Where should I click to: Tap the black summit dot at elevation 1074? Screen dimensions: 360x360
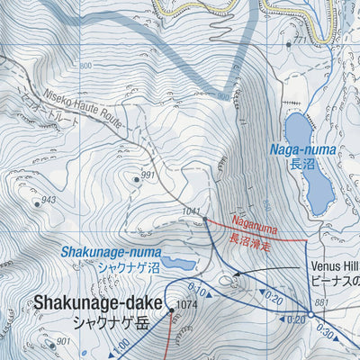point(171,311)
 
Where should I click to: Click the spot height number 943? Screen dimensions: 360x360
point(49,200)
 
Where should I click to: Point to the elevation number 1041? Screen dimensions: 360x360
point(189,211)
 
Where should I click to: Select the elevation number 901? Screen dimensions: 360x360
point(63,341)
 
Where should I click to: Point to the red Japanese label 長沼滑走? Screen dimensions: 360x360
point(247,240)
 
